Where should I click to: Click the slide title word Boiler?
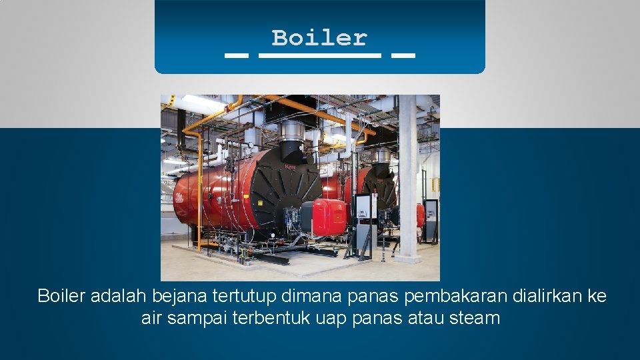(319, 38)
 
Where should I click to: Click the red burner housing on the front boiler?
(329, 216)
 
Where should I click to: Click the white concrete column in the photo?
(407, 180)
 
